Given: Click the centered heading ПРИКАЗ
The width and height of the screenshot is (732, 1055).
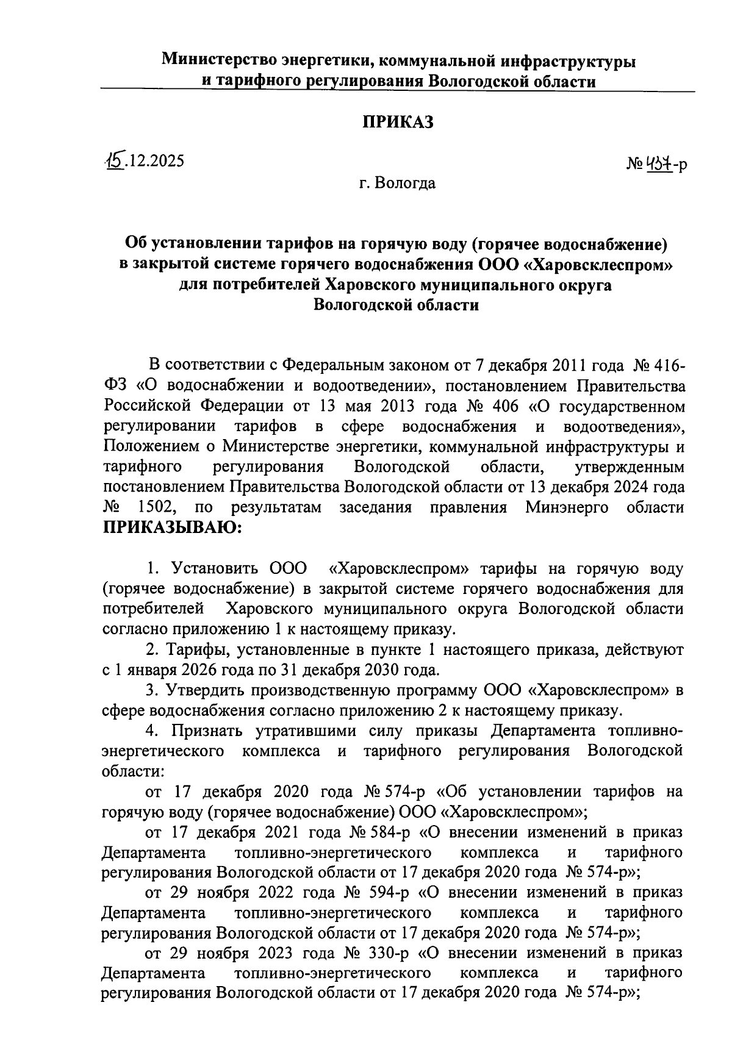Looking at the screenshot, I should tap(398, 122).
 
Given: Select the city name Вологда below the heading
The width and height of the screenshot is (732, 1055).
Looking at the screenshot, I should tap(406, 182).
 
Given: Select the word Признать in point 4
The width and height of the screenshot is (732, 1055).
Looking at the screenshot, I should tap(210, 731).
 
